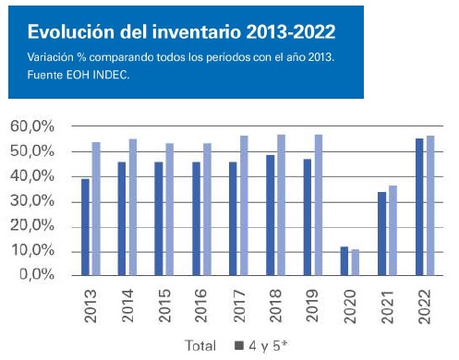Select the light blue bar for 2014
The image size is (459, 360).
point(133,207)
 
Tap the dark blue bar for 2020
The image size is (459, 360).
point(344,261)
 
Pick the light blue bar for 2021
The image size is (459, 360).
point(393,231)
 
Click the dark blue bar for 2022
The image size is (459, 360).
point(418,207)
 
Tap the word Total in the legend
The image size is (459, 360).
point(203,346)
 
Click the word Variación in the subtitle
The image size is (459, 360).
point(52,57)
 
